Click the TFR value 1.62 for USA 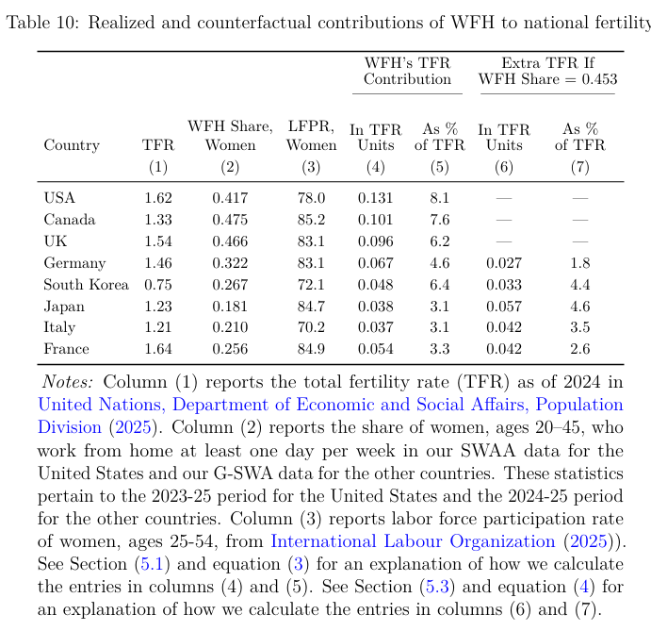coord(158,198)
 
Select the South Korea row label coord(87,285)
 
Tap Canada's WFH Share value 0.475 coord(230,220)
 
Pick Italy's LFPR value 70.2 coord(311,327)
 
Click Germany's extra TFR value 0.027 coord(504,263)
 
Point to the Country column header coord(72,145)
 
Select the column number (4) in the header coord(375,167)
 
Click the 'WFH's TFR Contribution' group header coord(407,71)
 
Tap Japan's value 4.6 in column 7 coord(580,307)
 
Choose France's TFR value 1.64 coord(158,349)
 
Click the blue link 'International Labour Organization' coord(413,541)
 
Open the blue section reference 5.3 coord(437,587)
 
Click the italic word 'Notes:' coord(68,382)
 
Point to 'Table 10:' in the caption coord(42,23)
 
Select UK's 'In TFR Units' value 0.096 coord(375,241)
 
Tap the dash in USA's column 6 coord(504,198)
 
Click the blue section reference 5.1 coord(153,564)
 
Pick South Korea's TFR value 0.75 coord(158,285)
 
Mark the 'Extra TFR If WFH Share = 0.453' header coord(547,71)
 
